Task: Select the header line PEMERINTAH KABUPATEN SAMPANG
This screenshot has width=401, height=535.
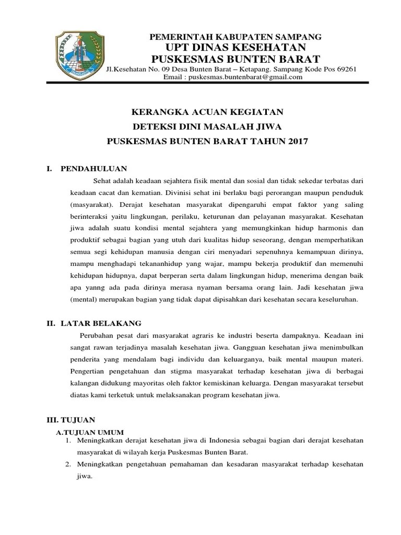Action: coord(235,37)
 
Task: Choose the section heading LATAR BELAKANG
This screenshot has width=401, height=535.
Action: coord(101,323)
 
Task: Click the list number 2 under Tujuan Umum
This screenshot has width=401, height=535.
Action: coord(68,464)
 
